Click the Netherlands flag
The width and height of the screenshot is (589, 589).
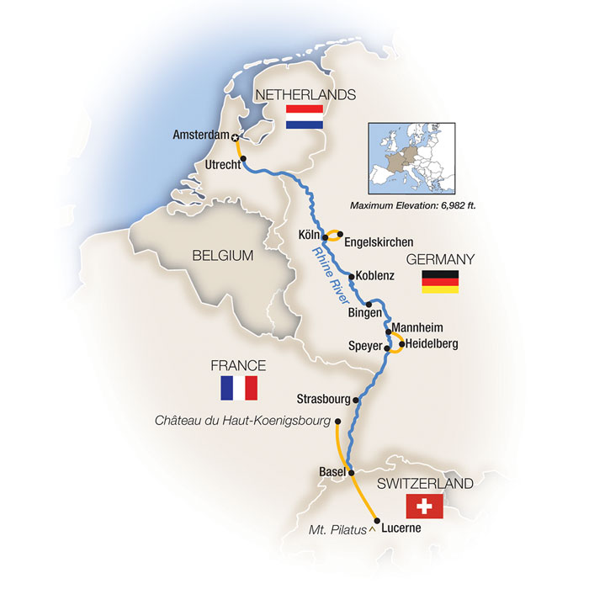coord(305,117)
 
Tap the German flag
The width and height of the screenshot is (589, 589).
coord(440,282)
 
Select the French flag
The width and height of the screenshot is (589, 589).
coord(238,388)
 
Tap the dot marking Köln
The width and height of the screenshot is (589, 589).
coord(325,237)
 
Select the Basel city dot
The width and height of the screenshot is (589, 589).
coord(351,472)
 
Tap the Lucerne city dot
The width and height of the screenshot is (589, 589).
coord(376,522)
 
